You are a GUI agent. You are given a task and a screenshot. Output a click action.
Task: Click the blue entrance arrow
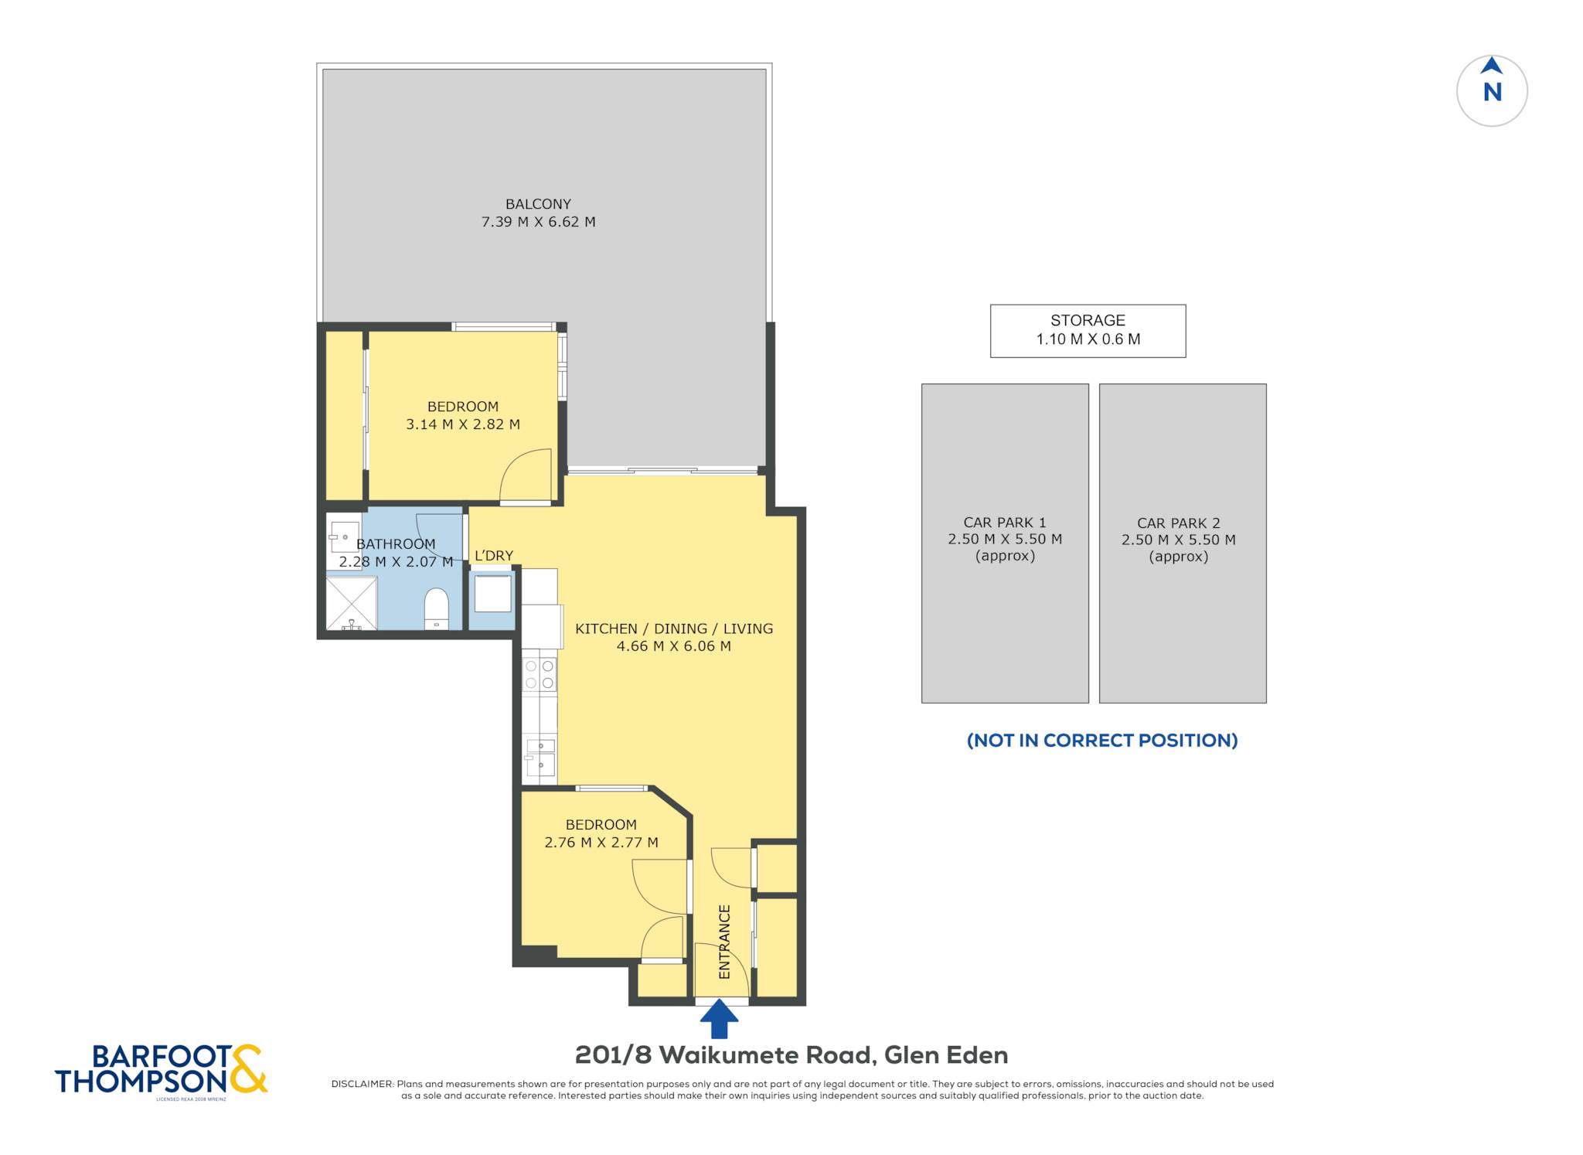719,1019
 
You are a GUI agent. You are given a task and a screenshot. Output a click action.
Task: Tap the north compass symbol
1492,90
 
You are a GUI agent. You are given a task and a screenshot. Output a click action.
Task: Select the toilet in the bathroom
437,609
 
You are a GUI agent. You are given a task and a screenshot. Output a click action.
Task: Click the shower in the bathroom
352,603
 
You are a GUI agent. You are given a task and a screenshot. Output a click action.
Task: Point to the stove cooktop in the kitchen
540,673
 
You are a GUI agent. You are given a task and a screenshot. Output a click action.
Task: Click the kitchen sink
540,758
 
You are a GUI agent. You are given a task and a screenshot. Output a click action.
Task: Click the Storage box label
1088,329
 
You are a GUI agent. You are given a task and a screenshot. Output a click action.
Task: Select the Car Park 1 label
1005,539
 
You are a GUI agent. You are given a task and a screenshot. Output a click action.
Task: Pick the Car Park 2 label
1179,540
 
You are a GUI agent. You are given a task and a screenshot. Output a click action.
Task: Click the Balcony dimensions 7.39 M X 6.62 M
539,222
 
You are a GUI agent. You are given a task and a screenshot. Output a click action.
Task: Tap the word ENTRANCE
724,942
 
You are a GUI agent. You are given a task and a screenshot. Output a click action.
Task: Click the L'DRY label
494,555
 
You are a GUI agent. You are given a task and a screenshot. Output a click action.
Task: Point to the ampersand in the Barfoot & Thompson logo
249,1068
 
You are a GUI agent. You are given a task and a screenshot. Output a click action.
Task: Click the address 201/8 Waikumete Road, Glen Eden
791,1054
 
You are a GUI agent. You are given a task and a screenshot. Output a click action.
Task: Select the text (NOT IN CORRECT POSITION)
1102,740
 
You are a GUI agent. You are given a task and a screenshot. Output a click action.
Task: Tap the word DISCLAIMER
362,1084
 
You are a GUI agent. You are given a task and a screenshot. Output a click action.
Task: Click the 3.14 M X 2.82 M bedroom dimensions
463,424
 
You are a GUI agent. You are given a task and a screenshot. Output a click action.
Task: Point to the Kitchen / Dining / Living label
674,629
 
